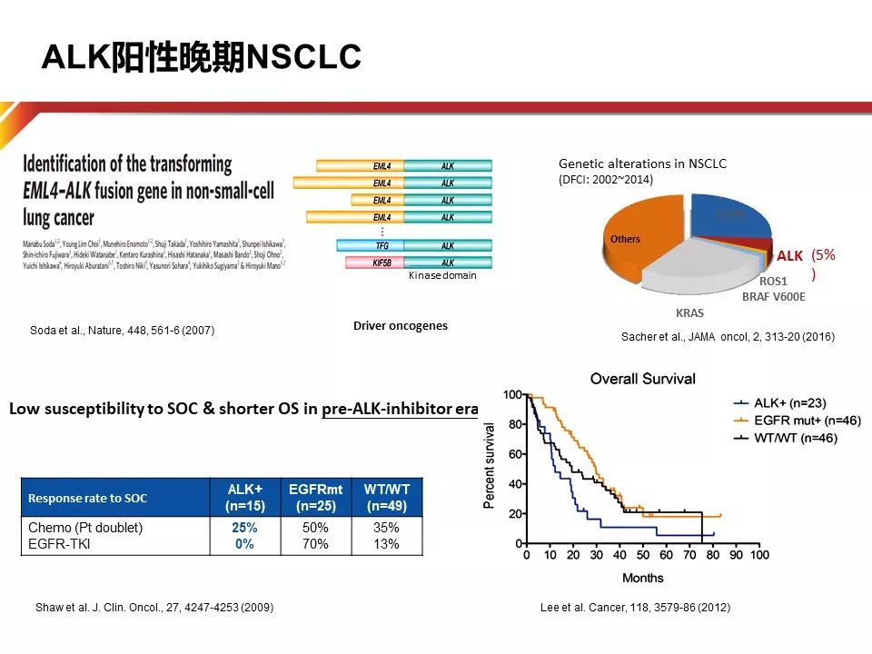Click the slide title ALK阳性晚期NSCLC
click(x=202, y=57)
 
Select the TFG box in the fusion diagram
click(x=370, y=245)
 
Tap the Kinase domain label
click(x=441, y=275)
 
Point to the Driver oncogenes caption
click(x=401, y=325)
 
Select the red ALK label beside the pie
click(x=789, y=256)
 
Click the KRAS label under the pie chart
click(x=689, y=312)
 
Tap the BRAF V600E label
click(x=773, y=296)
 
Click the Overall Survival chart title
click(x=643, y=379)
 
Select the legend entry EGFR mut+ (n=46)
click(x=797, y=420)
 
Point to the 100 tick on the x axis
click(x=759, y=555)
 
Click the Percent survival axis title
click(x=490, y=465)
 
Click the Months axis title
click(x=642, y=578)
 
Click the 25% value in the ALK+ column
click(x=243, y=528)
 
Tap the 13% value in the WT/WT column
click(x=387, y=544)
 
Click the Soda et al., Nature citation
click(x=122, y=331)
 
